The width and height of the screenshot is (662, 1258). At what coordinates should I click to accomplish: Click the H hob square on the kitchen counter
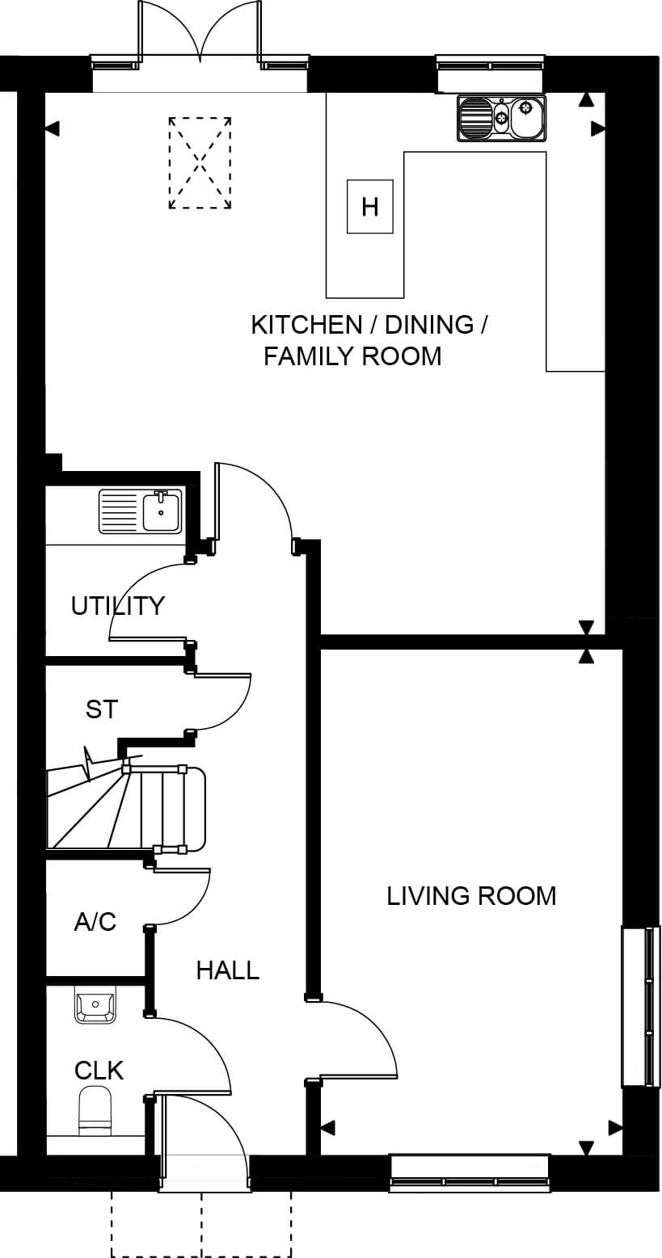pyautogui.click(x=369, y=206)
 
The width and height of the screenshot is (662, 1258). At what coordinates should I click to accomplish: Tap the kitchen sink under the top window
pyautogui.click(x=501, y=117)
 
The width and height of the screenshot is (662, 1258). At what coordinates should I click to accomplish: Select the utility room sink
pyautogui.click(x=141, y=511)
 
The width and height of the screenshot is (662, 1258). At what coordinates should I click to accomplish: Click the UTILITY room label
pyautogui.click(x=117, y=606)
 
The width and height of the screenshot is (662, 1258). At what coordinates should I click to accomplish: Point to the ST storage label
pyautogui.click(x=102, y=709)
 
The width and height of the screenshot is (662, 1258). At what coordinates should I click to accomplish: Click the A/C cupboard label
pyautogui.click(x=95, y=922)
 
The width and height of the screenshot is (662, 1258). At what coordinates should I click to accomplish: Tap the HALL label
pyautogui.click(x=228, y=970)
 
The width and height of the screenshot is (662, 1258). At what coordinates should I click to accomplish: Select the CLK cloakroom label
pyautogui.click(x=99, y=1071)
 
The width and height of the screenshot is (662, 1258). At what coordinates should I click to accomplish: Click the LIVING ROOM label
pyautogui.click(x=471, y=896)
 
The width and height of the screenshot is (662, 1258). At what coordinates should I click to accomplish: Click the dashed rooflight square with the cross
pyautogui.click(x=200, y=163)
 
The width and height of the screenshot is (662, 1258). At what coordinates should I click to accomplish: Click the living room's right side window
pyautogui.click(x=641, y=1006)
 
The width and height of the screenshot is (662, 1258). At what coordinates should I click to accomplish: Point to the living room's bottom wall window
pyautogui.click(x=469, y=1172)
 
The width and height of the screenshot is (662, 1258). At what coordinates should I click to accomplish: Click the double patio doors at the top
pyautogui.click(x=200, y=34)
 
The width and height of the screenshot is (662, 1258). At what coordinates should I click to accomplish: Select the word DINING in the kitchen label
pyautogui.click(x=429, y=325)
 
